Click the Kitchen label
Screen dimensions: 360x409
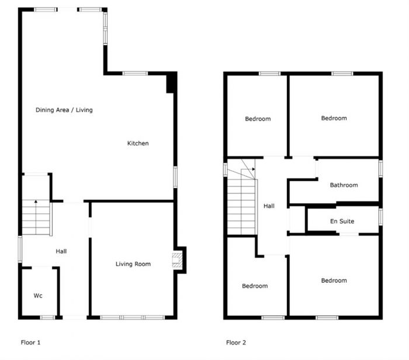(x=138, y=143)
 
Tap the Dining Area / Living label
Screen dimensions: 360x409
(x=64, y=110)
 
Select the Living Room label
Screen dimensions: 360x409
(x=133, y=264)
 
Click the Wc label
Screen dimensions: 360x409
(x=37, y=296)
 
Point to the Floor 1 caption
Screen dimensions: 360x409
(x=30, y=342)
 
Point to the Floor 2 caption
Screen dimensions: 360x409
(x=237, y=342)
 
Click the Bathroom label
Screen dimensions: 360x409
(x=344, y=185)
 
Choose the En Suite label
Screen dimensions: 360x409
(x=342, y=221)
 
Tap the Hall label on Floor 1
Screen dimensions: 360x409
(x=61, y=251)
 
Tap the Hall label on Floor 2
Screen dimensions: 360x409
(x=269, y=206)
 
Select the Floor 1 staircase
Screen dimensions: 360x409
(x=36, y=217)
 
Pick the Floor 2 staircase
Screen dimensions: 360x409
(x=241, y=205)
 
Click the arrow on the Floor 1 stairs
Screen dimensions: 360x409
(x=36, y=202)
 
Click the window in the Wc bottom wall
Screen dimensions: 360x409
(x=47, y=317)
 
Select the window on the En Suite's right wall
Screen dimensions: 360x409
(x=380, y=217)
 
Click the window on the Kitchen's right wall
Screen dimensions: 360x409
(x=175, y=177)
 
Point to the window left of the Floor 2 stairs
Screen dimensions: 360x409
(x=225, y=169)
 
